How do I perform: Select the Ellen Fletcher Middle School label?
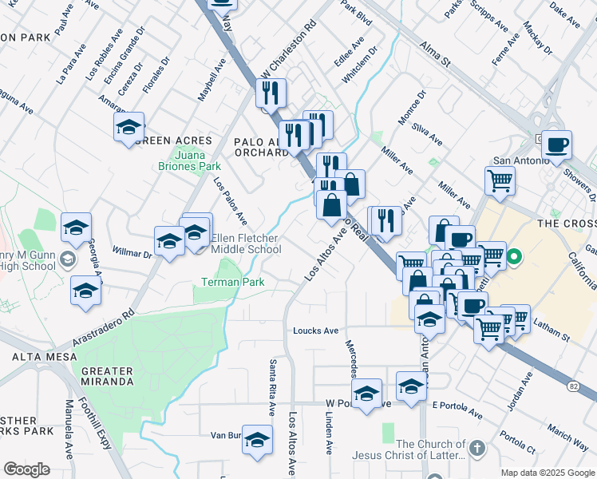246,243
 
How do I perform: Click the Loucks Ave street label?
315,331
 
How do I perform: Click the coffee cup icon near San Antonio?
556,145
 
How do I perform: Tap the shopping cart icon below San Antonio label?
500,180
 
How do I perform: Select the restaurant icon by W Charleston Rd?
271,93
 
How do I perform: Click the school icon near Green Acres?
128,127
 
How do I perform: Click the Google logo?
26,469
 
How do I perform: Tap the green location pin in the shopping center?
514,258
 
